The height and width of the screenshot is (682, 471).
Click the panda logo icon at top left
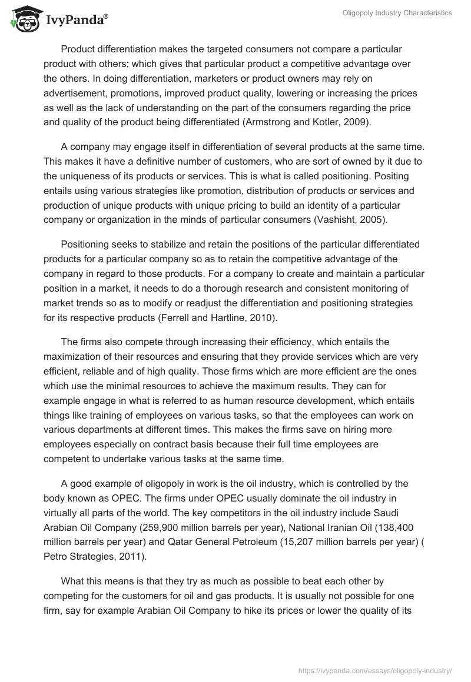tap(23, 20)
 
